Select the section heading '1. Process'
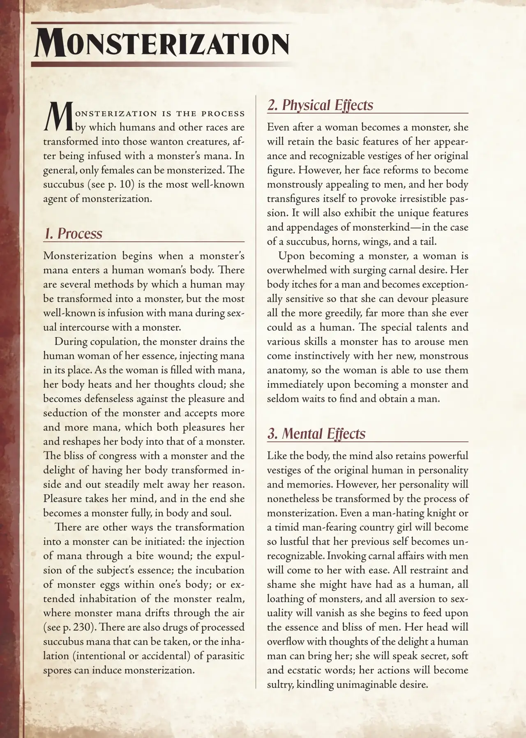point(73,233)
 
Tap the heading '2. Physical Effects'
point(320,105)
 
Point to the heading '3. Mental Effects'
point(316,434)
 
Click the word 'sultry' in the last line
point(280,685)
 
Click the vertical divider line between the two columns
point(256,390)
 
